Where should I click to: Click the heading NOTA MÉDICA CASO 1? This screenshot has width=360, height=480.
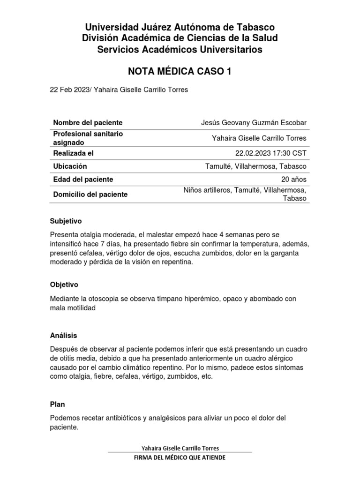(180, 71)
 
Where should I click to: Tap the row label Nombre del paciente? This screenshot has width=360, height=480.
(88, 122)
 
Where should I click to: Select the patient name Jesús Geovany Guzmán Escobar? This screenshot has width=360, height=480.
(254, 123)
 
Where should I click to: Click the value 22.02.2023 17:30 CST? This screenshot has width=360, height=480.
(270, 153)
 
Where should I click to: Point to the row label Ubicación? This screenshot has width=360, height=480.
(70, 166)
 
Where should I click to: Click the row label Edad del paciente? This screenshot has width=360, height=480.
(83, 180)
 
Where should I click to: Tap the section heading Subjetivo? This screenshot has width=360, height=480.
(66, 221)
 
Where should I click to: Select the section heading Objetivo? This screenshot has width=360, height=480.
(64, 285)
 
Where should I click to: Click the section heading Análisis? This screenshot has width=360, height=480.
(63, 336)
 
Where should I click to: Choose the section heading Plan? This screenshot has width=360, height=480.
(57, 404)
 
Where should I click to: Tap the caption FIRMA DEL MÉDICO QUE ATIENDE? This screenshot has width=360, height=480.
(180, 457)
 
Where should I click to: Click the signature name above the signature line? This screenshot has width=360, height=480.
(180, 448)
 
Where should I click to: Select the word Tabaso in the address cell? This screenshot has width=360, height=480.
(294, 198)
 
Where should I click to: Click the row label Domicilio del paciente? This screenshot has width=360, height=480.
(90, 195)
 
